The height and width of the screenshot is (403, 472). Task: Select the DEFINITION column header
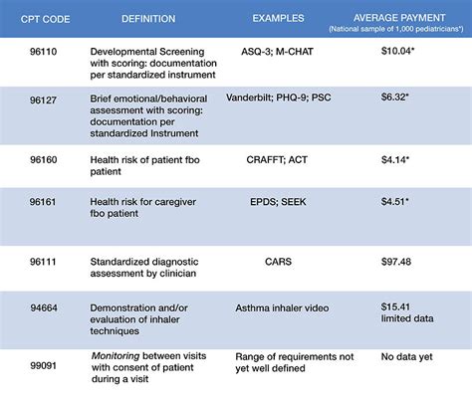(x=147, y=17)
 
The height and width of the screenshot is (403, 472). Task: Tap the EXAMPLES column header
(x=278, y=17)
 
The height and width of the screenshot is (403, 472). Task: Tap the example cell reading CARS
(x=278, y=261)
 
